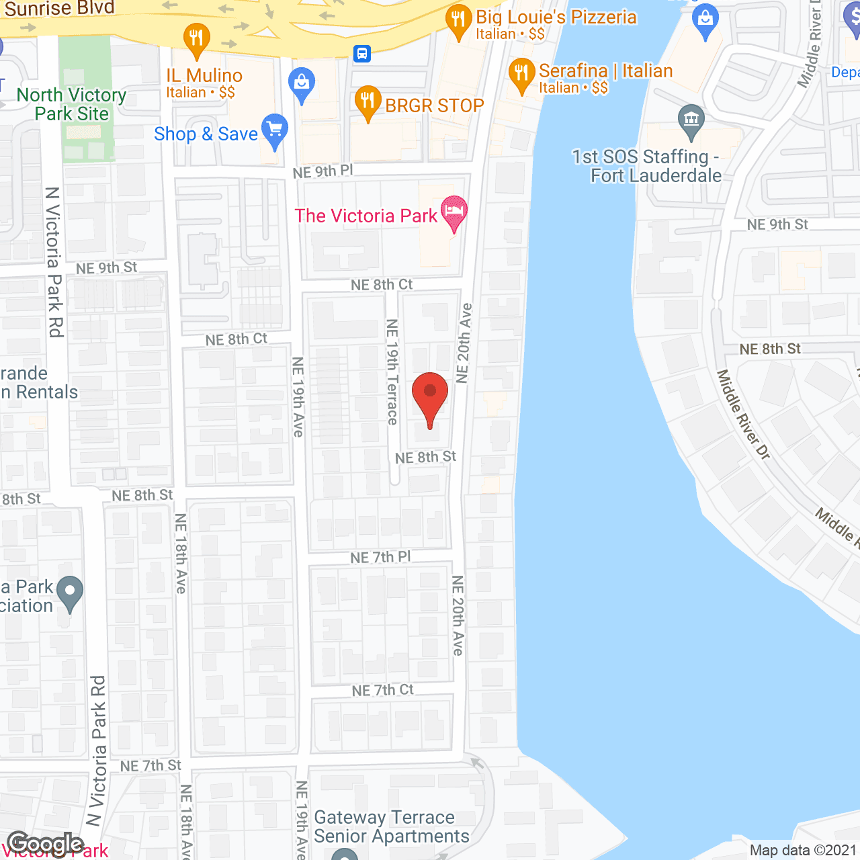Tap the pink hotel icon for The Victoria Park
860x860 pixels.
[x=454, y=212]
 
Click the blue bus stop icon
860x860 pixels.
[x=362, y=54]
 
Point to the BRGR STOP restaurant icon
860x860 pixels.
[x=368, y=103]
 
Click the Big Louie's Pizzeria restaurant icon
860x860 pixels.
[x=459, y=21]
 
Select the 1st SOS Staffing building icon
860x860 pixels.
[x=691, y=121]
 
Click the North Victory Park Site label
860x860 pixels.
[x=72, y=104]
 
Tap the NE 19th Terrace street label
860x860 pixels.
[x=393, y=372]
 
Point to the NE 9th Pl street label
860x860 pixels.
[x=322, y=172]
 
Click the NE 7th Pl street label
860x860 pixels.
[x=380, y=557]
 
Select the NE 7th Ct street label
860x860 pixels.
[x=383, y=690]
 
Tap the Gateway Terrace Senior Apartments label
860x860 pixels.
[x=392, y=826]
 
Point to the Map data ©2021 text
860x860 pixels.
[x=803, y=851]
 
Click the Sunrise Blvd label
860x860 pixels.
[x=59, y=9]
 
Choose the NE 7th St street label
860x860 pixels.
[x=150, y=766]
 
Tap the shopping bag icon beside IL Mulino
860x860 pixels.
[x=302, y=84]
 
